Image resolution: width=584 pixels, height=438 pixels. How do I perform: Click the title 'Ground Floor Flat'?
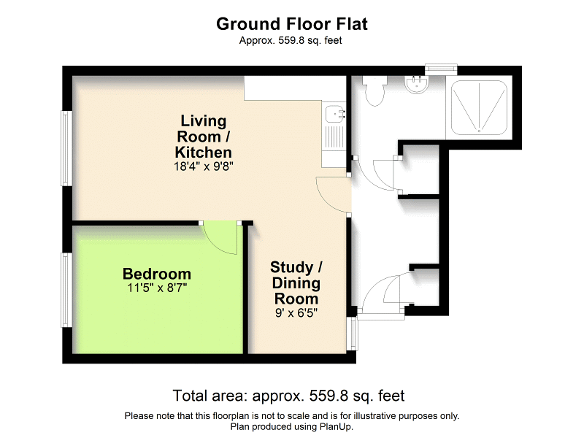tap(292, 23)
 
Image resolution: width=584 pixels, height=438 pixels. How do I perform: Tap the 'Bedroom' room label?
tap(157, 274)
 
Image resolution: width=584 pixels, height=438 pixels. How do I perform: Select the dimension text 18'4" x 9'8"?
tap(204, 166)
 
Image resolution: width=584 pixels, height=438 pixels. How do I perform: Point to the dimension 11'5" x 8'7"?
tap(157, 288)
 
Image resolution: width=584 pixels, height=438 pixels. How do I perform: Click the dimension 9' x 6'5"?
tap(296, 312)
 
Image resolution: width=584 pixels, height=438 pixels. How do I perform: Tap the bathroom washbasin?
tap(418, 86)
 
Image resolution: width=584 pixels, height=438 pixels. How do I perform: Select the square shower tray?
tap(479, 107)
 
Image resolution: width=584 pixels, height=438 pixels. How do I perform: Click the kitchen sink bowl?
tap(335, 114)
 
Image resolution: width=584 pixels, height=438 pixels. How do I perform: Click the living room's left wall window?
tap(66, 148)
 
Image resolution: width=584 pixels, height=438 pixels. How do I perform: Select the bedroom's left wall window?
tap(66, 291)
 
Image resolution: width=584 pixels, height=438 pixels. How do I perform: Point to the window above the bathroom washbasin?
tap(441, 69)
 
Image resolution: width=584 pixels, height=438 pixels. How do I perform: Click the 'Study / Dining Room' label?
tap(296, 283)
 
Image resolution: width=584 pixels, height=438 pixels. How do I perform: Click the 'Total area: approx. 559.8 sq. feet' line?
tap(288, 396)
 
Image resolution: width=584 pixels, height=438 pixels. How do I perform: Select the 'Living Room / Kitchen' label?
tap(204, 137)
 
